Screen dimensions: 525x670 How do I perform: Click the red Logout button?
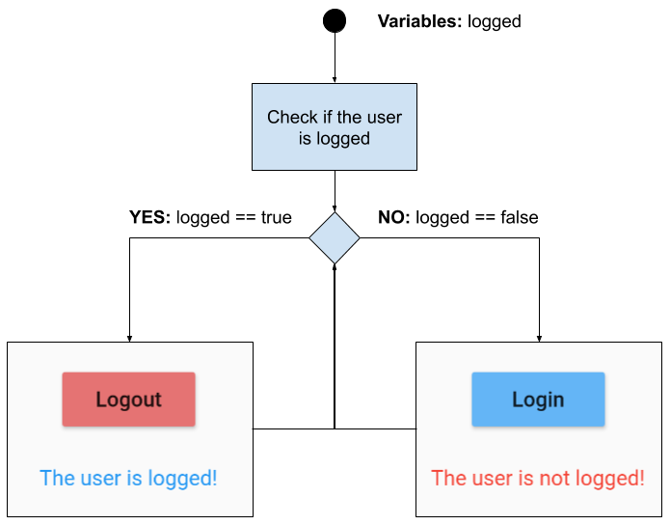128,400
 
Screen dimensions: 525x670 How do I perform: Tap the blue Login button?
538,400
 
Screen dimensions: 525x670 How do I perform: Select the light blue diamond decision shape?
335,238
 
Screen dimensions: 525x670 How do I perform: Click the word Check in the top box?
291,118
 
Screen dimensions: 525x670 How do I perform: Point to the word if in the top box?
326,118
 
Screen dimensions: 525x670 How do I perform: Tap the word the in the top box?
350,118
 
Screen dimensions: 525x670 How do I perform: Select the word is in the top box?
305,139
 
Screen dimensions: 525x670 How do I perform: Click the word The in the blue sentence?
57,478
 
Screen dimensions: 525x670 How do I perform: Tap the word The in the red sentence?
448,478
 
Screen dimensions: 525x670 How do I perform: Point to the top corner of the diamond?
335,214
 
